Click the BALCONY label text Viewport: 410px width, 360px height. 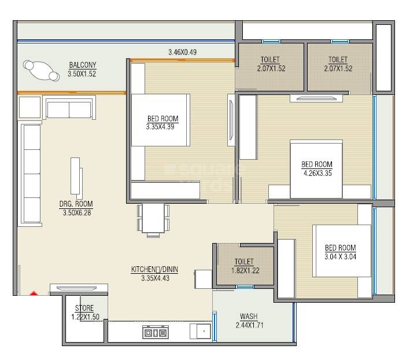pyautogui.click(x=82, y=64)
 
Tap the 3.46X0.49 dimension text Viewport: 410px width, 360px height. pyautogui.click(x=182, y=53)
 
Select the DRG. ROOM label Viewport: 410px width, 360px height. pyautogui.click(x=76, y=204)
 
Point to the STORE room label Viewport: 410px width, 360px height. pyautogui.click(x=84, y=308)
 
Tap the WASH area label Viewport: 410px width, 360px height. pyautogui.click(x=249, y=317)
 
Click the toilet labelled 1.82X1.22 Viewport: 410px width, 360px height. pyautogui.click(x=243, y=269)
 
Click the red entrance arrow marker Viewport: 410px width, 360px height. pyautogui.click(x=34, y=293)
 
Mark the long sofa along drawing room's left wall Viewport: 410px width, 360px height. pyautogui.click(x=31, y=174)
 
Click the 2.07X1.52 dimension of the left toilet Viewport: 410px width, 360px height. pyautogui.click(x=271, y=68)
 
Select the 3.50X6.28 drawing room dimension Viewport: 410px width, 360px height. pyautogui.click(x=77, y=212)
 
